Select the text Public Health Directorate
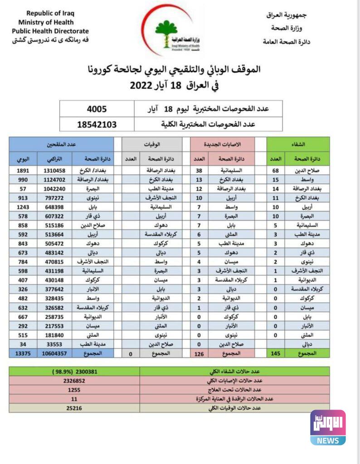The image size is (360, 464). [50, 31]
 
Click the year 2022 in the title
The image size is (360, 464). [145, 85]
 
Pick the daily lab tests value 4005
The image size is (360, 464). [97, 109]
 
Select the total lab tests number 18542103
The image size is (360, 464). [97, 124]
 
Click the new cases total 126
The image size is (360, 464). [199, 353]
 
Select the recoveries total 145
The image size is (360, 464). [275, 353]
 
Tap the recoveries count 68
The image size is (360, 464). [275, 171]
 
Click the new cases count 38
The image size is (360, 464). [199, 171]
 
